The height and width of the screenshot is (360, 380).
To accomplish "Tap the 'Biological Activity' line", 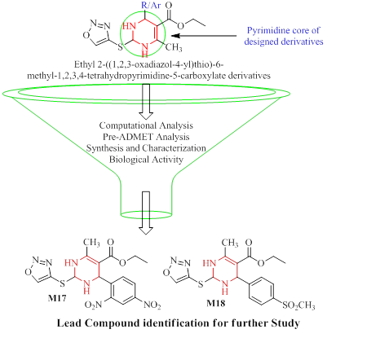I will click(x=146, y=159).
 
